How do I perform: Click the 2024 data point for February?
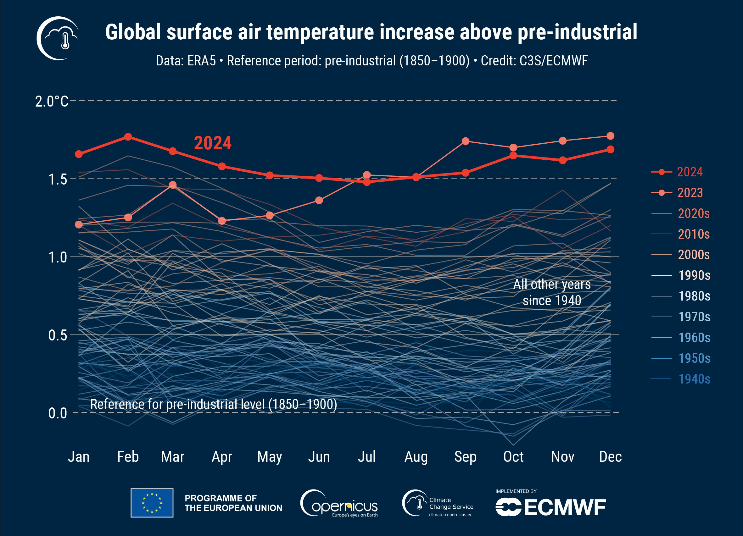[x=128, y=137]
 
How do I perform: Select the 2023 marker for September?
[x=465, y=141]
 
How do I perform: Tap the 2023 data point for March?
[x=173, y=185]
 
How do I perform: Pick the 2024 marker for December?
[x=610, y=149]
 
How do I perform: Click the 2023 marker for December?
[x=610, y=135]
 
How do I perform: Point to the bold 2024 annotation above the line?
[x=213, y=143]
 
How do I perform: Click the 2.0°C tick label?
[x=52, y=101]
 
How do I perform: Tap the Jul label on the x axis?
[x=366, y=456]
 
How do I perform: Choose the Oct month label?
[x=513, y=456]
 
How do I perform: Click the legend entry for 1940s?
[x=694, y=379]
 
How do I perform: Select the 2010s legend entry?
[x=694, y=234]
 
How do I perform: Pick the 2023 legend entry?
[x=690, y=192]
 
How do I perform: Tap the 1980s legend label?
[x=694, y=296]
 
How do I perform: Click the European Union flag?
[x=152, y=503]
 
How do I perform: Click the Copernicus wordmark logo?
[x=339, y=504]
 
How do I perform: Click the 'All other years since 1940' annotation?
[x=552, y=292]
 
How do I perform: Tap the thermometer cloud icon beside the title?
[x=58, y=38]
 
